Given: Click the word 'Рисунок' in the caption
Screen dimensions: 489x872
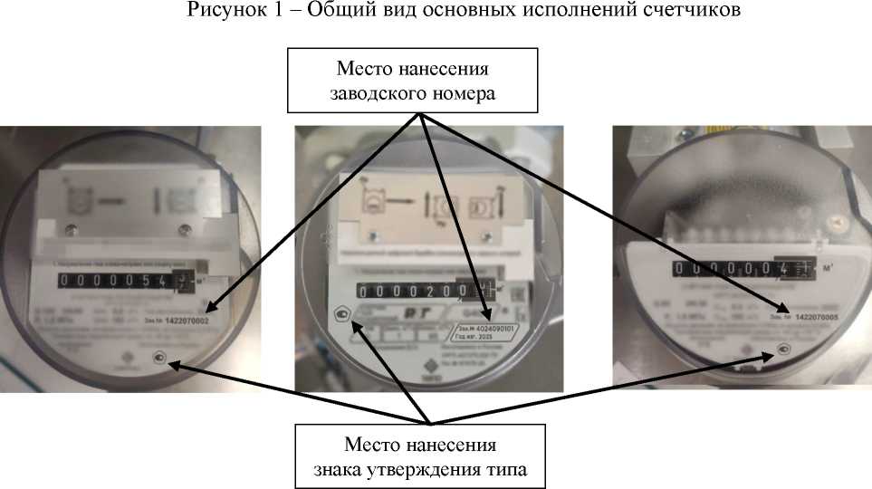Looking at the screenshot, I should point(217,12).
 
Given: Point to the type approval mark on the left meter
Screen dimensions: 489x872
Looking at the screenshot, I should point(160,358).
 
